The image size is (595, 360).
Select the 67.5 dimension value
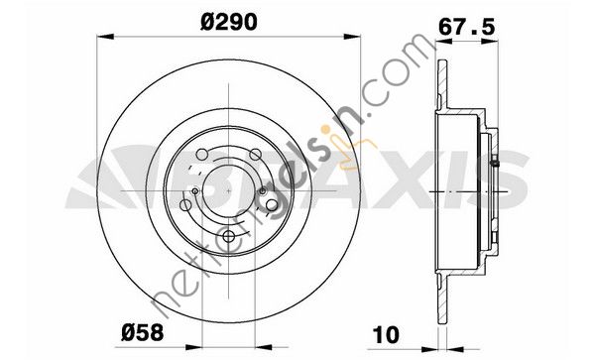[467, 27]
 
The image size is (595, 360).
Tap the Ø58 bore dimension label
[142, 332]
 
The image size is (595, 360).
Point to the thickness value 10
[387, 334]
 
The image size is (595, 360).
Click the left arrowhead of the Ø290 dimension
[105, 37]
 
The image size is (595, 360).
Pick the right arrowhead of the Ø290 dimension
[352, 37]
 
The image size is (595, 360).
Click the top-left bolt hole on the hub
[202, 155]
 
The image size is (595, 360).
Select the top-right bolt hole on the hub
[256, 155]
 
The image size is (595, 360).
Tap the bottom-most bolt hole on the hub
[229, 237]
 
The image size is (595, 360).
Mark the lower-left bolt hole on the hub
[185, 205]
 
